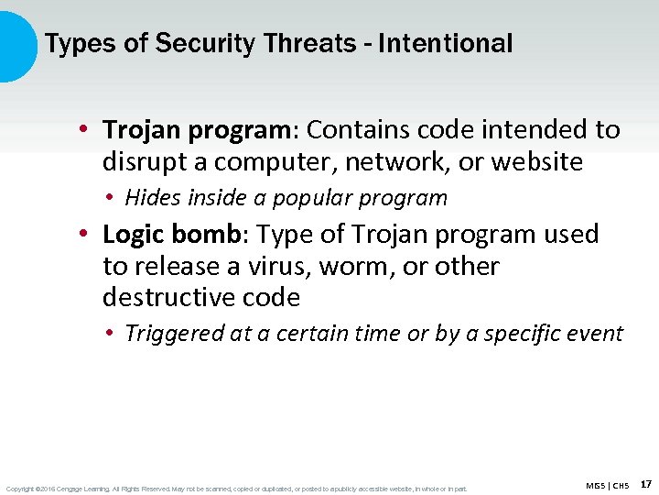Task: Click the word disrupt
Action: click(x=142, y=162)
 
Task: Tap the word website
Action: click(x=536, y=162)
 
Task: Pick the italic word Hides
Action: click(x=152, y=198)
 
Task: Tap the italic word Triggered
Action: click(x=174, y=334)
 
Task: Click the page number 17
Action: click(x=646, y=484)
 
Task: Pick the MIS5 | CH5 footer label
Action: click(x=609, y=485)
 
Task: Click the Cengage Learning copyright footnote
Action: click(x=236, y=489)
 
